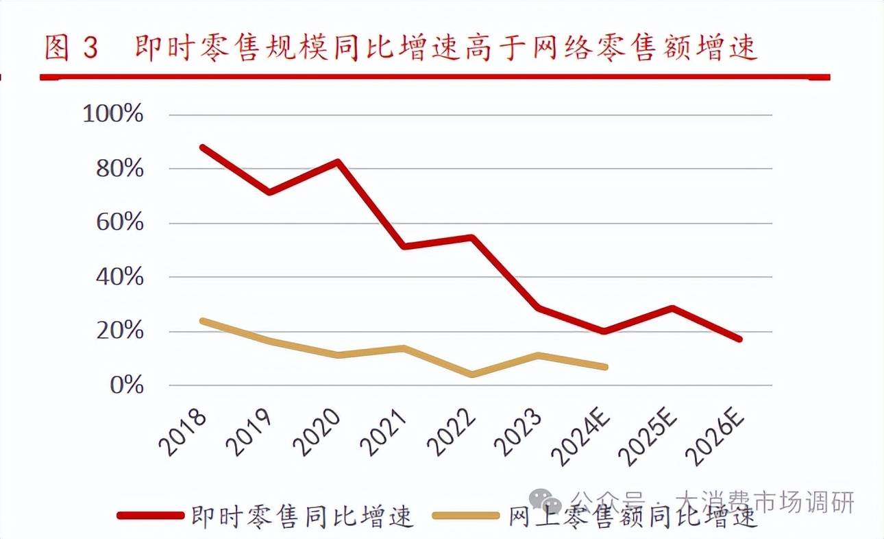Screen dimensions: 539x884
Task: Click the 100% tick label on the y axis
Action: tap(113, 114)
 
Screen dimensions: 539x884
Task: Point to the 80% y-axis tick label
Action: tap(119, 169)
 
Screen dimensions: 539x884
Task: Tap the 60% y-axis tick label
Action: tap(119, 223)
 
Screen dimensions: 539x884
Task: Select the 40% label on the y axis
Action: tap(119, 277)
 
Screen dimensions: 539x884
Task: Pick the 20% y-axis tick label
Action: tap(119, 331)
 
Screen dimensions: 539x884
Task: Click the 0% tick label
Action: tap(126, 385)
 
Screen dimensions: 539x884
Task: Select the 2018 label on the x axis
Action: tap(184, 432)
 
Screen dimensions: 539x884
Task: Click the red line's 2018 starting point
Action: tap(203, 147)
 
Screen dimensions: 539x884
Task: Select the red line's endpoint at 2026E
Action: tap(739, 339)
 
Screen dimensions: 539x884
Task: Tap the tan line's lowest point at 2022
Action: tap(471, 374)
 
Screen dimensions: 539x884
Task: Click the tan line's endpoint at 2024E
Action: tap(606, 367)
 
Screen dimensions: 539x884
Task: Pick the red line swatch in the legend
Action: tap(151, 515)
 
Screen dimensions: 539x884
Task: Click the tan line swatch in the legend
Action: tap(467, 515)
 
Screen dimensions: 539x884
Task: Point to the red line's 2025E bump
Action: tap(673, 309)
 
